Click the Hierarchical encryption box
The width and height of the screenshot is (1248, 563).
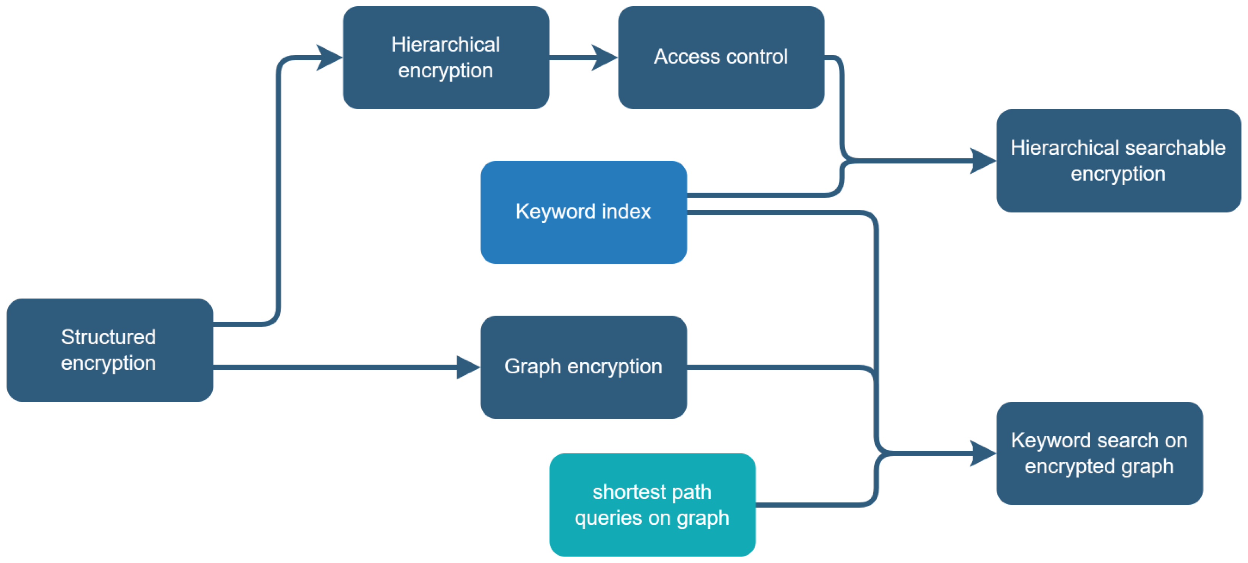pyautogui.click(x=446, y=57)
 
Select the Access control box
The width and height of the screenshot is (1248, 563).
pyautogui.click(x=721, y=57)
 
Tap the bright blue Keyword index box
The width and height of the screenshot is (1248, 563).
pyautogui.click(x=583, y=212)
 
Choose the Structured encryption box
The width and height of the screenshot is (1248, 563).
pyautogui.click(x=110, y=350)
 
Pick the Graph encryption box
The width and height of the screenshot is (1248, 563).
pyautogui.click(x=583, y=367)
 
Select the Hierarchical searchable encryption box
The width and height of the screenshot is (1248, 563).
pyautogui.click(x=1118, y=160)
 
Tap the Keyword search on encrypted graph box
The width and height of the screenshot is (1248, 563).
pyautogui.click(x=1099, y=453)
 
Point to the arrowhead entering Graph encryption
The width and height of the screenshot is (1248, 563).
pyautogui.click(x=467, y=367)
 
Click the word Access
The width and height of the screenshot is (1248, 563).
pyautogui.click(x=686, y=57)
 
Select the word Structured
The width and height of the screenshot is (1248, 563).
pyautogui.click(x=108, y=337)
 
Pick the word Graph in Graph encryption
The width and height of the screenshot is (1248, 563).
pyautogui.click(x=532, y=366)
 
